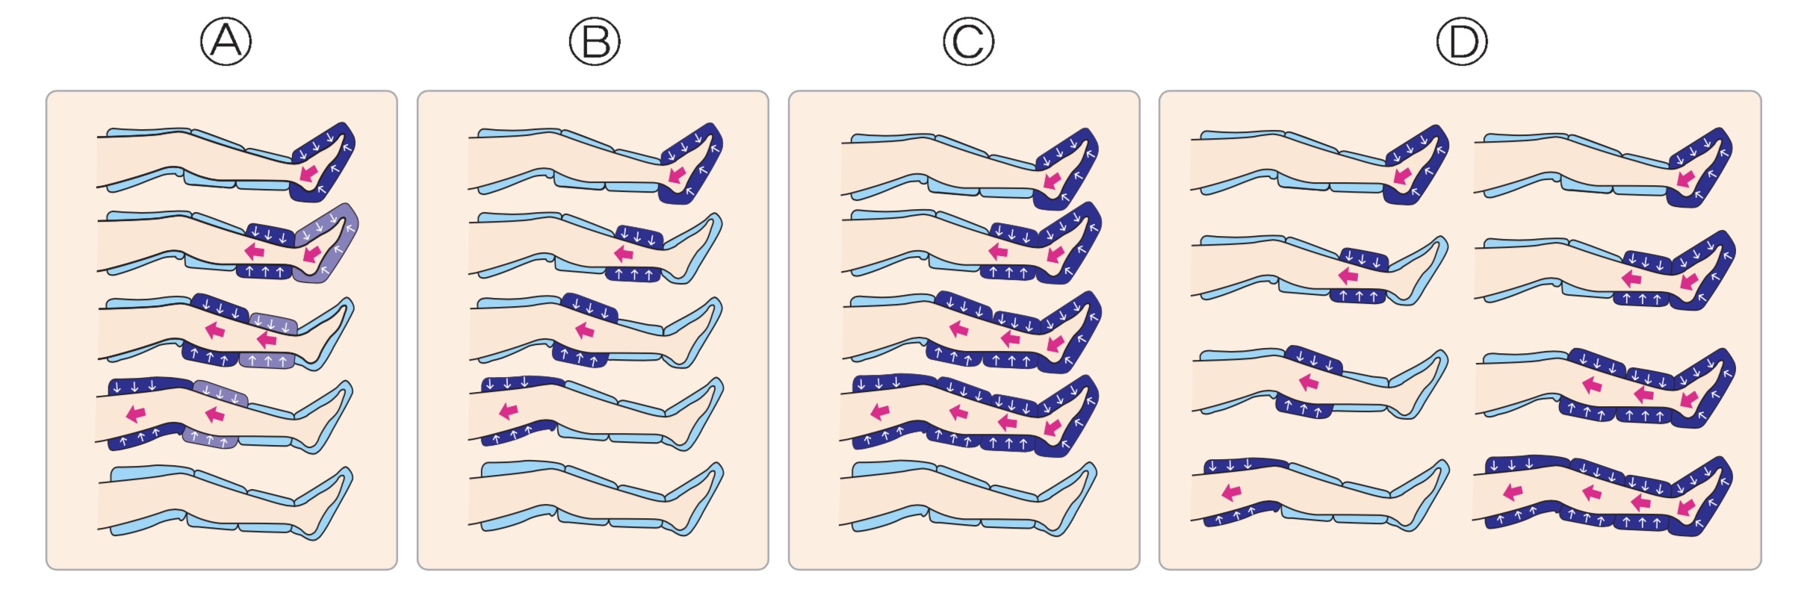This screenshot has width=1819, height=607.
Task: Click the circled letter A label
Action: [x=226, y=42]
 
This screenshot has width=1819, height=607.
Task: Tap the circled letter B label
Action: [x=595, y=42]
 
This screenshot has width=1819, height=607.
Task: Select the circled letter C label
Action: [x=968, y=42]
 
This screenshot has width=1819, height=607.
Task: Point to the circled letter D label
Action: [x=1462, y=42]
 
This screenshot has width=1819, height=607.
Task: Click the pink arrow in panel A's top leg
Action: [x=307, y=173]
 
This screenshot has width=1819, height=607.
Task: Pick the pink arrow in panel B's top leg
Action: [x=677, y=175]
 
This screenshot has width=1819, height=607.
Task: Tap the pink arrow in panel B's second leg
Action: [x=624, y=253]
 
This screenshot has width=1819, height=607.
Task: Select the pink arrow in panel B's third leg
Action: [x=585, y=329]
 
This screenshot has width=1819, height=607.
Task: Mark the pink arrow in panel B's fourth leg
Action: [x=509, y=410]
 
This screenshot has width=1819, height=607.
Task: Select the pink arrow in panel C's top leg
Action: [x=1052, y=180]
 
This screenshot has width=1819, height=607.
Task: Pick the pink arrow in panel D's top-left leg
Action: [x=1402, y=176]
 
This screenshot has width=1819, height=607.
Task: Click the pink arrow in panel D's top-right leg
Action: [x=1685, y=178]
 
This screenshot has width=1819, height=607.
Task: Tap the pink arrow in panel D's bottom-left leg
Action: [x=1231, y=491]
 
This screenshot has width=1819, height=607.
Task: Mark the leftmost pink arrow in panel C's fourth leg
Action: [x=880, y=411]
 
